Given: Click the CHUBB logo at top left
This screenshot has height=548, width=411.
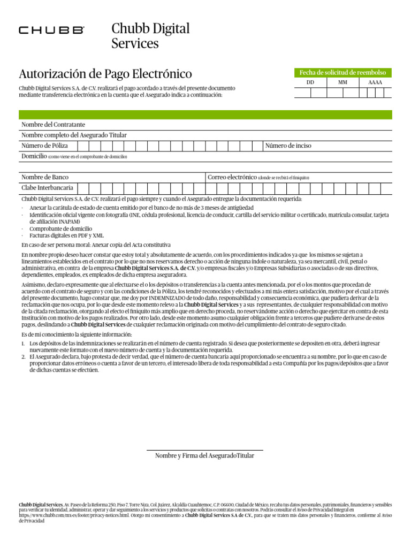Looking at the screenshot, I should click(51, 31).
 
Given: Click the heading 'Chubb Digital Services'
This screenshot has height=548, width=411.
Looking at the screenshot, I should click(150, 36).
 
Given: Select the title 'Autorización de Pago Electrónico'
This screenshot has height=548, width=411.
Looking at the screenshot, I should click(105, 74).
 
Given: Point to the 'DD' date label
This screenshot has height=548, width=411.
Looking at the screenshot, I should click(310, 83).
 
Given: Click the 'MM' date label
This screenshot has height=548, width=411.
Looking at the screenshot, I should click(342, 83).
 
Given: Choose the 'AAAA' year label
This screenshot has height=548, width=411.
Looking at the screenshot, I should click(375, 83).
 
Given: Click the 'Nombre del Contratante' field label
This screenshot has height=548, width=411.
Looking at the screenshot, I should click(53, 124).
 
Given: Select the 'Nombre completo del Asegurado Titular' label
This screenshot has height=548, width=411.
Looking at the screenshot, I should click(74, 135).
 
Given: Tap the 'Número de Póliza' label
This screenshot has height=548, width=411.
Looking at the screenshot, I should click(44, 146).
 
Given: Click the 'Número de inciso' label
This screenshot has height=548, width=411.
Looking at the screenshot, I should click(288, 146).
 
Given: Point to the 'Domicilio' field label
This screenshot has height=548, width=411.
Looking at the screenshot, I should click(34, 156).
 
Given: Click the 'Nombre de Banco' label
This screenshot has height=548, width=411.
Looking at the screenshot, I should click(45, 177).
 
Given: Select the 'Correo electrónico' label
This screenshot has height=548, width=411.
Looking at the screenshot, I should click(232, 177).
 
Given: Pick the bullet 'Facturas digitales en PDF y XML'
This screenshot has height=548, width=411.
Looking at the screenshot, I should click(67, 235).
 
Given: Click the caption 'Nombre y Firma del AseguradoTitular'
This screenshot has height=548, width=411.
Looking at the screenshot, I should click(204, 455).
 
